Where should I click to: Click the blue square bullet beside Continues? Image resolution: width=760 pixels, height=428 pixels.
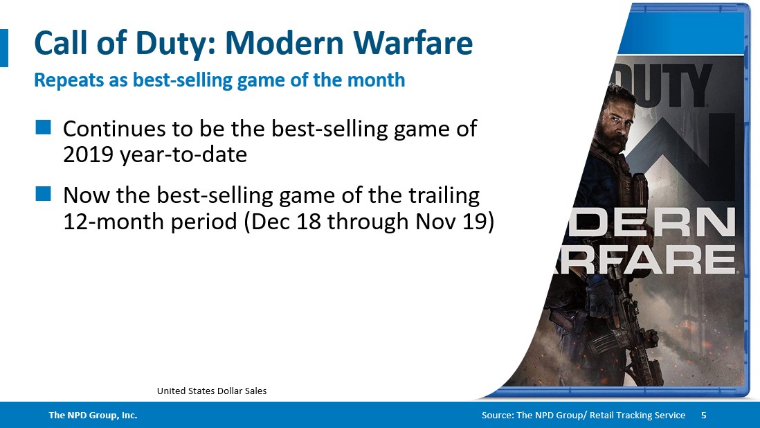pos(44,127)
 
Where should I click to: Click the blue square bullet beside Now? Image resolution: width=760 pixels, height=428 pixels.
pos(44,195)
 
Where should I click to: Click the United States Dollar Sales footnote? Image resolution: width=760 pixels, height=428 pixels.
pos(212,391)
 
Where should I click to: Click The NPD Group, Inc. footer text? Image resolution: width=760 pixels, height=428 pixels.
pos(93,416)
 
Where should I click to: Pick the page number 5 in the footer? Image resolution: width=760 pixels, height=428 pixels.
pos(704,416)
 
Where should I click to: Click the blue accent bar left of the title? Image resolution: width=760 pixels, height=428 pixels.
pos(3,48)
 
